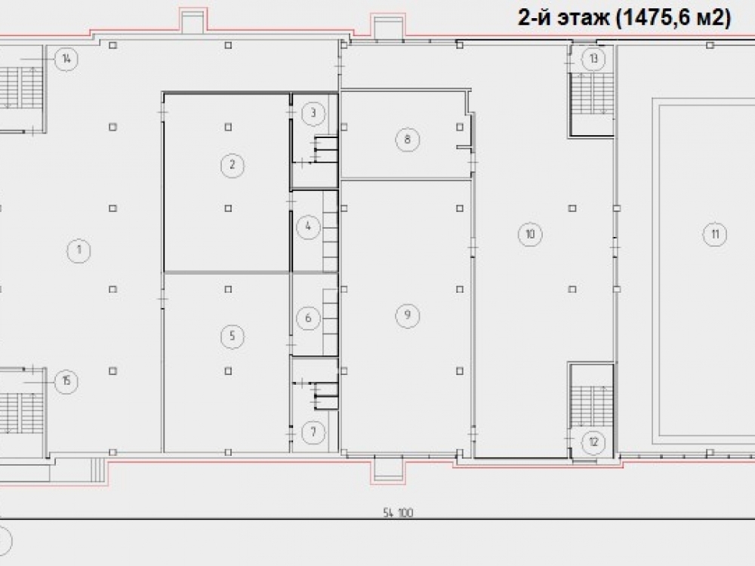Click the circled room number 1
(x=79, y=251)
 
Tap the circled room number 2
(x=233, y=165)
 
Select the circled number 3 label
(x=313, y=113)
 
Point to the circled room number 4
(x=308, y=226)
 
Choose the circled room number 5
(x=233, y=336)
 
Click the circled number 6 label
(x=308, y=318)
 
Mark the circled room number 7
(x=313, y=432)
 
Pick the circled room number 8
(x=408, y=140)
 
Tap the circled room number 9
(x=408, y=315)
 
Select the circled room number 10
(x=530, y=235)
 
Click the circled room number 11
(x=715, y=235)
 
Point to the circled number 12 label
(x=593, y=441)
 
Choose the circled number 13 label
(x=593, y=59)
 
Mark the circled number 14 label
(x=66, y=59)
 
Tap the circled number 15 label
(x=66, y=381)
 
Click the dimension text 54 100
(x=398, y=513)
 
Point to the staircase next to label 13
(x=591, y=94)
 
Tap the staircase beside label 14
(x=20, y=88)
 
